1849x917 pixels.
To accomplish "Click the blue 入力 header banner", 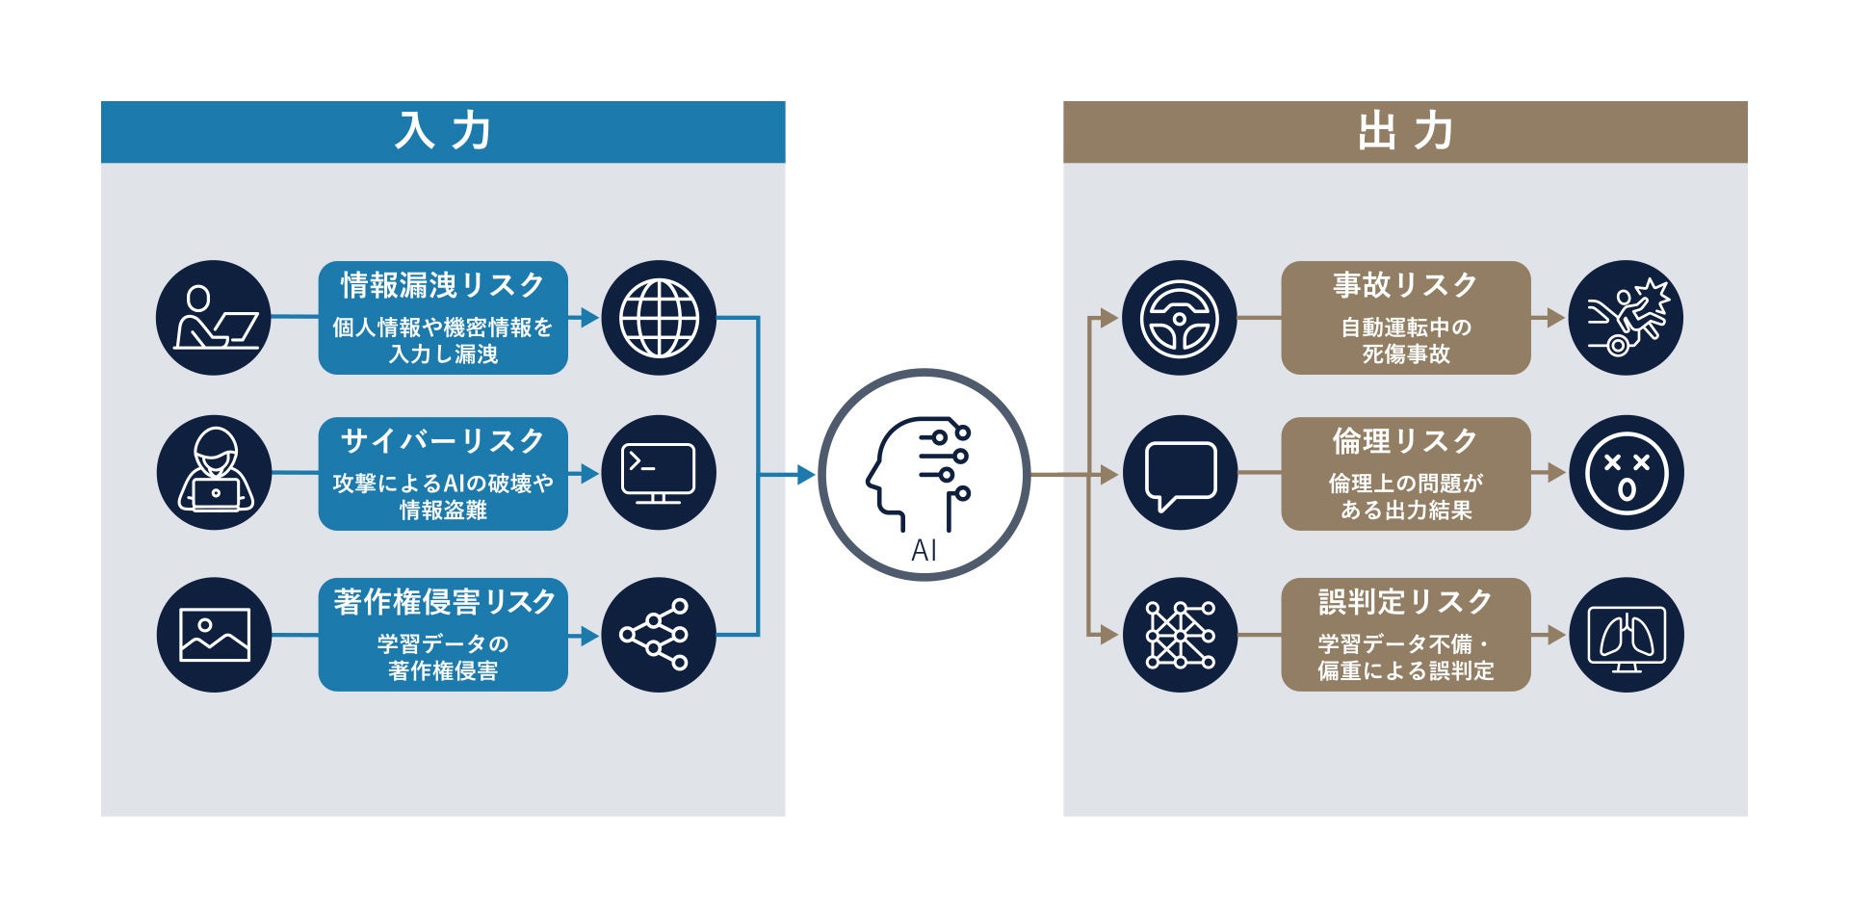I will [x=443, y=132].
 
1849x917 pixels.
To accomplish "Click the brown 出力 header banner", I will [x=1405, y=132].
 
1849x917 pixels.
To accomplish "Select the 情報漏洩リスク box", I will [x=443, y=318].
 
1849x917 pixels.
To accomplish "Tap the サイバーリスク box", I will [x=443, y=474].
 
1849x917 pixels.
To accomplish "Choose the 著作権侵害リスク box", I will [x=443, y=635].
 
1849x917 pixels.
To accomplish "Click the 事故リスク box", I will [x=1405, y=318].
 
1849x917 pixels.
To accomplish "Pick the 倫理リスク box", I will [x=1405, y=474].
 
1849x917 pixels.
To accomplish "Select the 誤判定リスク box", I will [x=1405, y=635].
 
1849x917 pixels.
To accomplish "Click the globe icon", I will [x=659, y=318].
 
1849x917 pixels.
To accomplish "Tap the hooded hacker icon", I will [x=214, y=473].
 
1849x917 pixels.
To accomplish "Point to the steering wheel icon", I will [x=1179, y=318].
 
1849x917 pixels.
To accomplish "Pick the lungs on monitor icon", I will [x=1626, y=636].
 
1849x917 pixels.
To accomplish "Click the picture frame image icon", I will [x=214, y=635].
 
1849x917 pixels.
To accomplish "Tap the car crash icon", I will [x=1626, y=318].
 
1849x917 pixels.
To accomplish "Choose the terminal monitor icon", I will [x=659, y=473].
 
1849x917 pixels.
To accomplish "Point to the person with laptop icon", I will [x=214, y=318].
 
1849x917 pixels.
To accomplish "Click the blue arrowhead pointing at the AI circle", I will [x=805, y=474].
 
